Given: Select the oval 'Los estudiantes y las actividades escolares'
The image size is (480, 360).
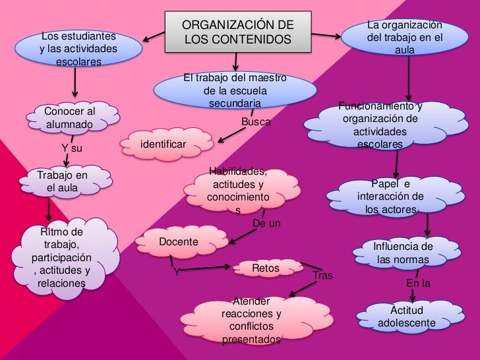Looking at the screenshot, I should coord(79,49).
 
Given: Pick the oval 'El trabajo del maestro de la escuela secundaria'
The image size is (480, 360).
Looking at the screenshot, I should coord(235,92).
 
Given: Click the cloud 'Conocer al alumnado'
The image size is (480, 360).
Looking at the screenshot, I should coord(71,117).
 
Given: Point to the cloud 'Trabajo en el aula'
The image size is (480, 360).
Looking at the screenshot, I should coord(62,182).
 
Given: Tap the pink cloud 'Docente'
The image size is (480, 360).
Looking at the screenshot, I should coord(177,242).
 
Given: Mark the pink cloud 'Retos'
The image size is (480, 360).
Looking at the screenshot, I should coord(265,268).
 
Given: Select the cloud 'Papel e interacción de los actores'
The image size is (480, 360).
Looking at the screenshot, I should coord(390,196).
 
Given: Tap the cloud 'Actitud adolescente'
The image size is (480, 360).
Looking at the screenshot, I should coord(407,316).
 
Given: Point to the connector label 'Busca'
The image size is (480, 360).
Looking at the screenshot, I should coord(256,122).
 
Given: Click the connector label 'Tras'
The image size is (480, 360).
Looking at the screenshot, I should coord(322,275).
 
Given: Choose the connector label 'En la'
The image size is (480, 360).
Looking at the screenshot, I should coord(418,284).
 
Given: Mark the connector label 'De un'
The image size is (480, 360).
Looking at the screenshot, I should coord(266,224).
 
